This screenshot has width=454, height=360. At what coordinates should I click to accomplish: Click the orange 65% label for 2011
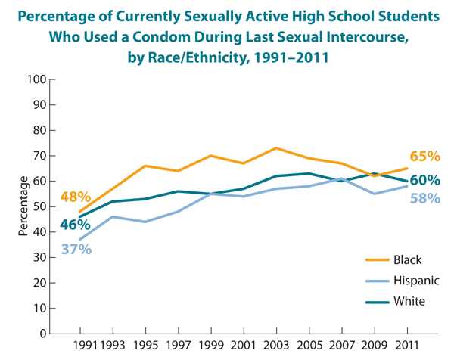(424, 157)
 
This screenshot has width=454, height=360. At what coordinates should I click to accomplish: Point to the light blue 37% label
(76, 248)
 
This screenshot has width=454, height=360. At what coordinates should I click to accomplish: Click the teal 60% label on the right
(424, 181)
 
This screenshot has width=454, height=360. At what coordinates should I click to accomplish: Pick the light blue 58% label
(424, 199)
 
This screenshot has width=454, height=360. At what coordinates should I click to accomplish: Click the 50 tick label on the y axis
(40, 206)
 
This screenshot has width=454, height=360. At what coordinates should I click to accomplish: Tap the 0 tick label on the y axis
(43, 334)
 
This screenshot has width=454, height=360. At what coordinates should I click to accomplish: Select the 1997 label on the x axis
(178, 347)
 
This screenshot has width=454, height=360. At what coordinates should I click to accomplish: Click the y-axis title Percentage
(23, 206)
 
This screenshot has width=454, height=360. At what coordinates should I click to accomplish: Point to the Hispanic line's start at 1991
(79, 240)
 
